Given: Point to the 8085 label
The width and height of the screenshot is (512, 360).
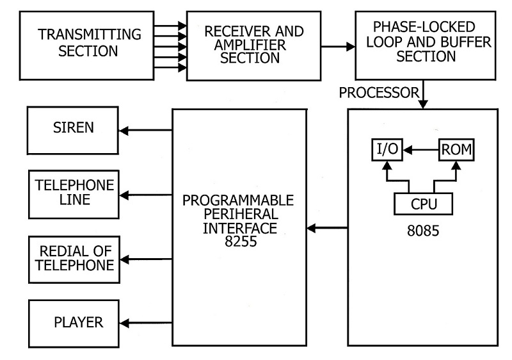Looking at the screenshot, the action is click(x=423, y=231).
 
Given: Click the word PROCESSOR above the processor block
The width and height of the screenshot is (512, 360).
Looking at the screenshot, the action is click(x=379, y=93).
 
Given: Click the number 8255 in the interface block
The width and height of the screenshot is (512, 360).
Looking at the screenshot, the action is click(x=241, y=241).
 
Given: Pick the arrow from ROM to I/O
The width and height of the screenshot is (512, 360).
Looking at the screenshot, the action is click(x=420, y=150).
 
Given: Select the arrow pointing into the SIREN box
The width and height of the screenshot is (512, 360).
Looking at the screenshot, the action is click(x=146, y=131).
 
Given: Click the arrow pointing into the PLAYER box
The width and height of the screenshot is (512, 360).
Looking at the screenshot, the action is click(x=146, y=323).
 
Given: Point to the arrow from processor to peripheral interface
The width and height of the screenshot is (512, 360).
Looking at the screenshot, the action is click(x=327, y=227).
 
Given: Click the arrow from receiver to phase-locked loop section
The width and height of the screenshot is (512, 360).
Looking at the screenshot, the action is click(x=338, y=47).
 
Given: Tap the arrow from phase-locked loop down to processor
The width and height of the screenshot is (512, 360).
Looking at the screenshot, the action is click(x=423, y=94).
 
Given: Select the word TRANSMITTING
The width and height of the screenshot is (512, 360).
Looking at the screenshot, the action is click(x=90, y=35).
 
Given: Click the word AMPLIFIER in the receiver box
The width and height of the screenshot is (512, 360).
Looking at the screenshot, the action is click(x=250, y=45).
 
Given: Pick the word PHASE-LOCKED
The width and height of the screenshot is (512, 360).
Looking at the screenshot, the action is click(x=424, y=27).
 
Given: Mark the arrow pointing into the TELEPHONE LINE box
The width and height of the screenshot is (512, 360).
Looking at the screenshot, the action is click(x=146, y=195).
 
